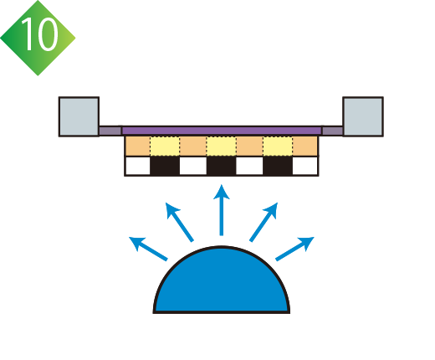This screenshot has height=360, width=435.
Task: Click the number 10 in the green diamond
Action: point(40,34)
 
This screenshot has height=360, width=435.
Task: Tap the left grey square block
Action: point(79,116)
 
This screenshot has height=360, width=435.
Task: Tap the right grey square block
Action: point(363,116)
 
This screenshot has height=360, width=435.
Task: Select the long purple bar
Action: point(222,131)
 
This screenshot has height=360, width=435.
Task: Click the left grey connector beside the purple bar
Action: point(110,131)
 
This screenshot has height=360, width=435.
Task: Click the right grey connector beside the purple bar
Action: point(332,131)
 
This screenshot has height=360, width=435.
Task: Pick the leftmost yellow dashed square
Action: point(165,146)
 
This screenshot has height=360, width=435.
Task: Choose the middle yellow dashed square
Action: point(222,146)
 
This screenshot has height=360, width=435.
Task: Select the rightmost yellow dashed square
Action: point(278,146)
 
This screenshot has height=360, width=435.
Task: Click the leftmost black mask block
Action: point(165,166)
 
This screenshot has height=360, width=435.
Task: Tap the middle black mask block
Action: point(222,166)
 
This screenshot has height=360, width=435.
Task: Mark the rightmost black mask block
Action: point(278,166)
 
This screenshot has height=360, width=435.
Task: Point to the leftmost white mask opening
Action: point(138,166)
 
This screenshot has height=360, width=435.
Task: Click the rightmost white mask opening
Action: point(305,166)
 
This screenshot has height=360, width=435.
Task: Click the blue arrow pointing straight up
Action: point(222,210)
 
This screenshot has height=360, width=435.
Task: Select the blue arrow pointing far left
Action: point(148,249)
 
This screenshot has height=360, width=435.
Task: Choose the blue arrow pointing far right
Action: point(295,249)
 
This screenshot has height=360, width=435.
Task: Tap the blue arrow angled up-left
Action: point(179,222)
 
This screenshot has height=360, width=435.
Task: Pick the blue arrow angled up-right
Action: point(264,222)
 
